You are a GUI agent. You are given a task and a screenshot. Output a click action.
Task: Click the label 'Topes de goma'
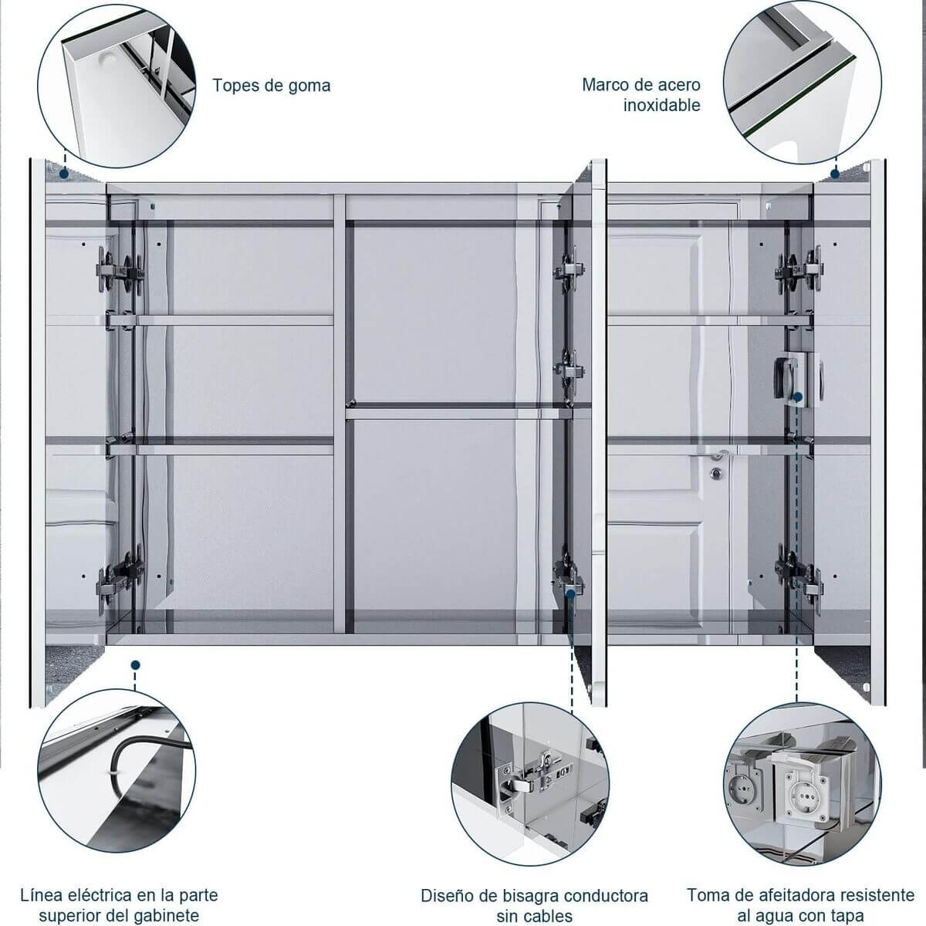272,85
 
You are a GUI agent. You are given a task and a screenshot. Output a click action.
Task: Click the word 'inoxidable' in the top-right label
661,105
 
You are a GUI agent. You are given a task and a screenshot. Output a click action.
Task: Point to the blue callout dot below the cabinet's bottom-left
136,664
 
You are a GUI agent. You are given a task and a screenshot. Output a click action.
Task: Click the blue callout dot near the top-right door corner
834,174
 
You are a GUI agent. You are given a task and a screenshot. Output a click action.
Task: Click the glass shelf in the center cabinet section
455,411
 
